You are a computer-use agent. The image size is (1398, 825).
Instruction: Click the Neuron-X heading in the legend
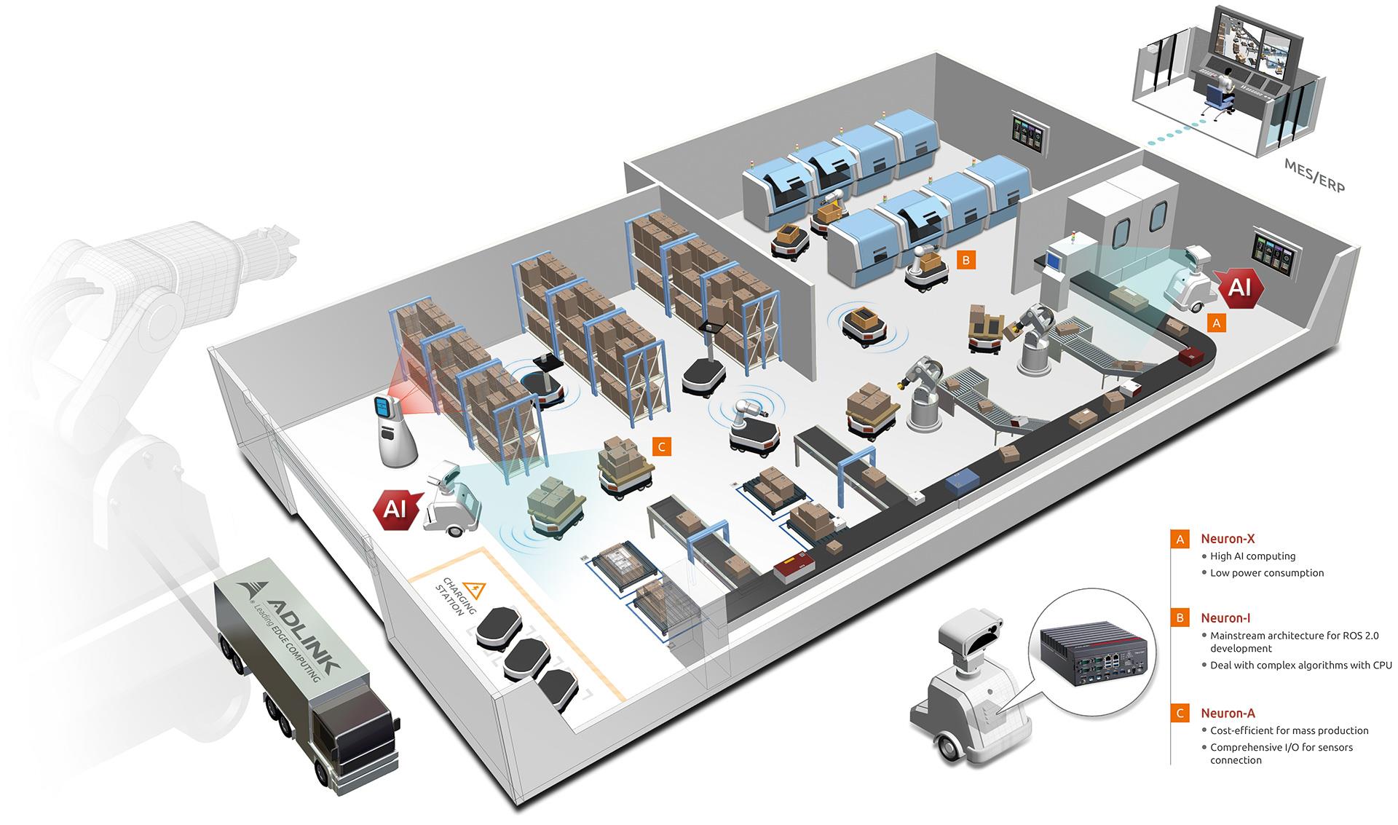[x=1228, y=539]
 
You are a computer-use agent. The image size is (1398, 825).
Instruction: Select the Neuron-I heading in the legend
[x=1225, y=618]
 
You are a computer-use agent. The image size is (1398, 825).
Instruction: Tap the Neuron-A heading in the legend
[x=1228, y=713]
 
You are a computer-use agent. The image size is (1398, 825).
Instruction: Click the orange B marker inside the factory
[x=965, y=259]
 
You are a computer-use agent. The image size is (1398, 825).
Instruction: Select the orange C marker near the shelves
[x=661, y=446]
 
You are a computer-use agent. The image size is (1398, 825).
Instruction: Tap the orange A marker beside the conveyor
[x=1215, y=322]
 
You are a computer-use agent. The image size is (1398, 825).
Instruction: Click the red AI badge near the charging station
[x=395, y=508]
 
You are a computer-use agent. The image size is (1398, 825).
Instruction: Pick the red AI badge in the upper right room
[x=1239, y=288]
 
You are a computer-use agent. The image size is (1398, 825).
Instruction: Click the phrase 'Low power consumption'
[x=1267, y=572]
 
